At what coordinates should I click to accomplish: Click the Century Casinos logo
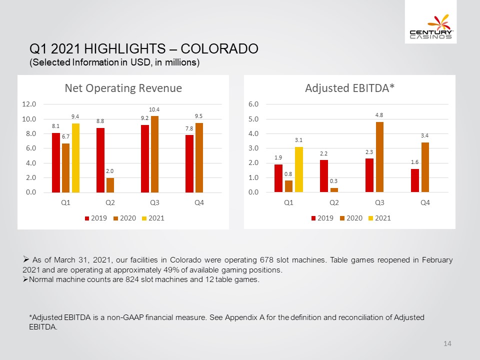pos(431,26)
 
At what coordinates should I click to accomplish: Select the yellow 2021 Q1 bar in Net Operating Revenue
pos(75,158)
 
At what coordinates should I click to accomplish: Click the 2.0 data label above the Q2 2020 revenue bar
pos(110,171)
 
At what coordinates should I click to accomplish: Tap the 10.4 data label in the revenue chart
pos(154,109)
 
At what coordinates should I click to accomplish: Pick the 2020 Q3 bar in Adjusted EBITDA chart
pos(379,157)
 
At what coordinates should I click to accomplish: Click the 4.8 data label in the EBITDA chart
pos(379,115)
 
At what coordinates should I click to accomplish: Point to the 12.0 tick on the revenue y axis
pos(29,104)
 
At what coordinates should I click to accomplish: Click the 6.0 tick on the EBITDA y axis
pos(253,104)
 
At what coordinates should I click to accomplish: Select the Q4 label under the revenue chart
pos(199,202)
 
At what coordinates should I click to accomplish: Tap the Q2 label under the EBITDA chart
pos(334,202)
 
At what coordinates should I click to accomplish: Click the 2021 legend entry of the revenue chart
pos(153,218)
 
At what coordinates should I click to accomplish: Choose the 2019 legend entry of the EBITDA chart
pos(322,218)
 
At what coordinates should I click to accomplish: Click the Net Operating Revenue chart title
pos(123,88)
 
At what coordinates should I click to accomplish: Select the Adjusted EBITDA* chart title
pos(349,88)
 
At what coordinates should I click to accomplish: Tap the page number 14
pos(447,343)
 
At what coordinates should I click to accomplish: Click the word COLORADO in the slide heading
pos(219,48)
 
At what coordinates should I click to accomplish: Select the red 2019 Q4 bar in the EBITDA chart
pos(415,180)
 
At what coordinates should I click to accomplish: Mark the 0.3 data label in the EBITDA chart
pos(333,181)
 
